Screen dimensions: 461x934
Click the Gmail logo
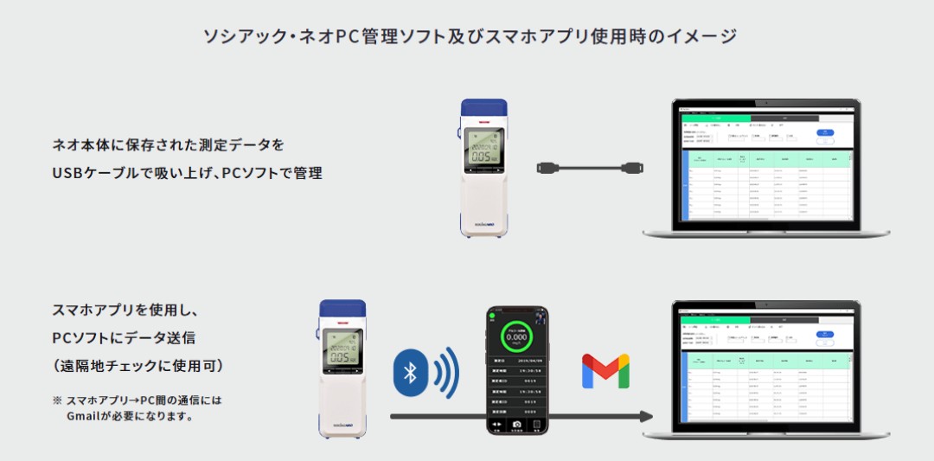pyautogui.click(x=605, y=370)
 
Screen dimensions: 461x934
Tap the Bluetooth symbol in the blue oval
pyautogui.click(x=411, y=374)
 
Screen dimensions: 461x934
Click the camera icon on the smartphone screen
pyautogui.click(x=517, y=425)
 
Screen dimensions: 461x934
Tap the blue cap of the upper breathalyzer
pyautogui.click(x=483, y=109)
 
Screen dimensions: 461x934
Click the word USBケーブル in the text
pyautogui.click(x=94, y=173)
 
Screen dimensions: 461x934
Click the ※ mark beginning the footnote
pyautogui.click(x=57, y=400)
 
